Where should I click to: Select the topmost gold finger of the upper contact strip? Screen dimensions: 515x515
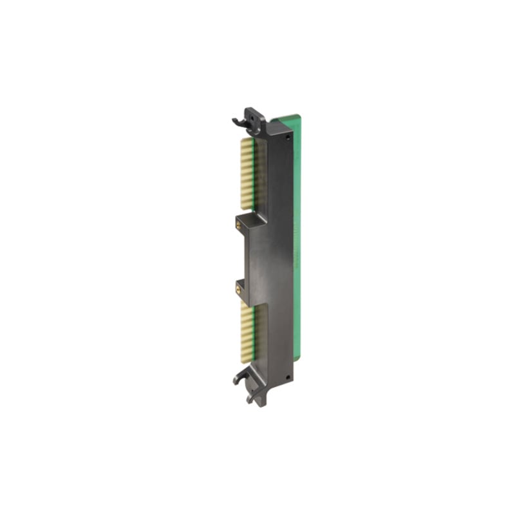[246, 140]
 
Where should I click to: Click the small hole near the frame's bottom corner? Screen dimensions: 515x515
[288, 377]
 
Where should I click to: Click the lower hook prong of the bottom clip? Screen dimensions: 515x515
[251, 398]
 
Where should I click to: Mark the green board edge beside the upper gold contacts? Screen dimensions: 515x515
[260, 174]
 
